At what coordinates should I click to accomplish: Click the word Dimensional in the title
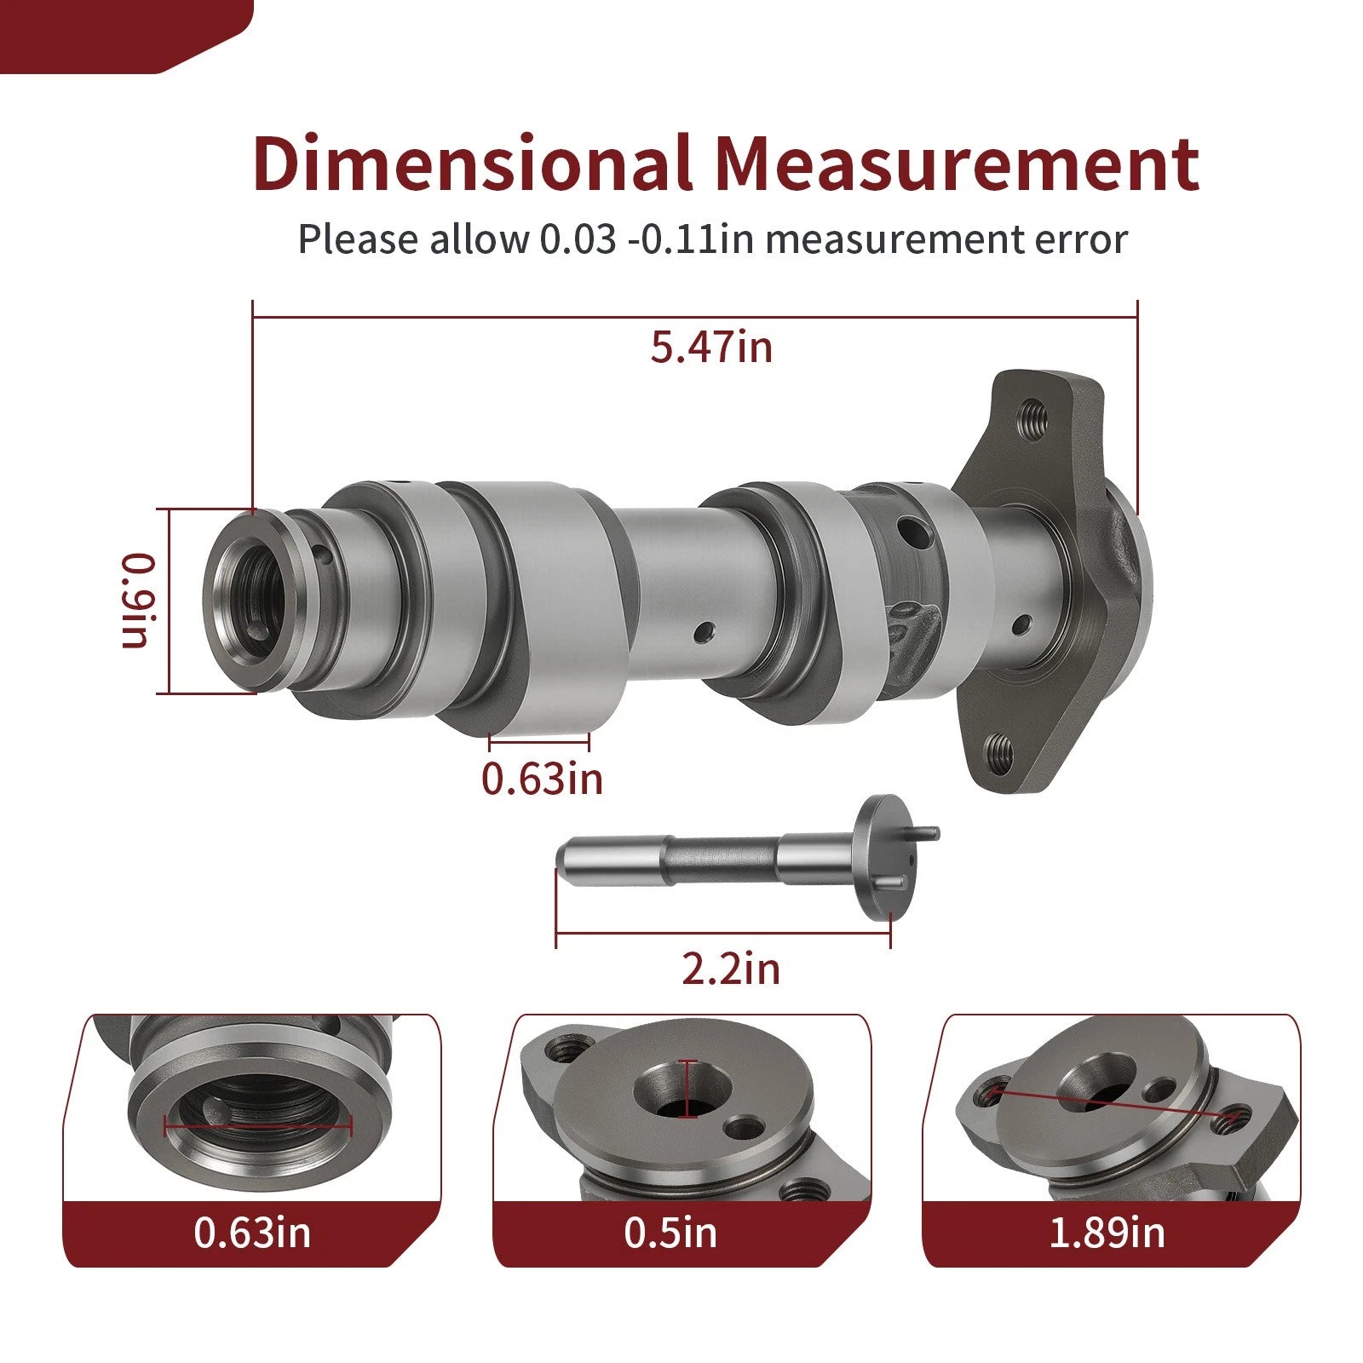click(x=472, y=162)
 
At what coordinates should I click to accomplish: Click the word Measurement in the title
click(x=957, y=162)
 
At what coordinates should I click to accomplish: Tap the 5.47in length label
click(x=711, y=347)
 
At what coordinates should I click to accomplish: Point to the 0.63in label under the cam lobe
click(x=542, y=778)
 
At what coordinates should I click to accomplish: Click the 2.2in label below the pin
click(x=731, y=969)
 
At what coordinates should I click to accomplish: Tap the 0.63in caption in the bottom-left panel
click(x=252, y=1232)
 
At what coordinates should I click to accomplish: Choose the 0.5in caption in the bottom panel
click(x=670, y=1232)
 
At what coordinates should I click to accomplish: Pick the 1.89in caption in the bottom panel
click(x=1107, y=1232)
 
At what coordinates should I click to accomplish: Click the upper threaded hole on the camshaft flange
click(x=1032, y=418)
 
